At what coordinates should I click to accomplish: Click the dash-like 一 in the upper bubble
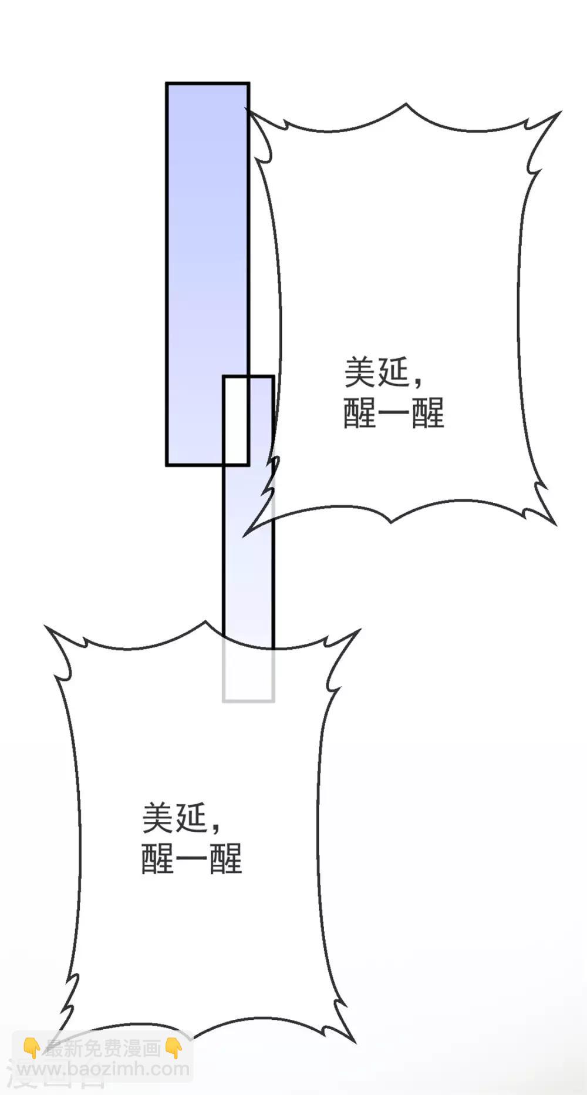coord(393,412)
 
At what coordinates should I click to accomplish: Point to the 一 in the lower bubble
coord(191,859)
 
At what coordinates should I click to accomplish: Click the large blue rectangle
coord(207,274)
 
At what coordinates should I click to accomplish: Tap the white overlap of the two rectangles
coord(236,421)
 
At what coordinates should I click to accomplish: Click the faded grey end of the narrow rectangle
coord(248,676)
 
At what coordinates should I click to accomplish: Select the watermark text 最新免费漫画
coord(103,1048)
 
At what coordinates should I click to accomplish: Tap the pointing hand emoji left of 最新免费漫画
coord(32,1048)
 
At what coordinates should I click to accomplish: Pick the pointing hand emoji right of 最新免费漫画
coord(174,1048)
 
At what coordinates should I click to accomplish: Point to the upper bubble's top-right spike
coord(561,111)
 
